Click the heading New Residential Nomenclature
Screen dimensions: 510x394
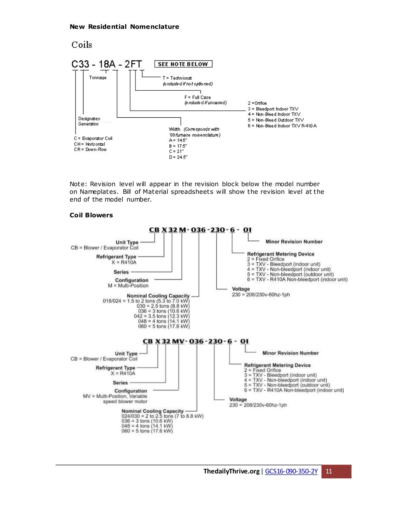[124, 27]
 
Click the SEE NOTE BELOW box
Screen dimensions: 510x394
[183, 64]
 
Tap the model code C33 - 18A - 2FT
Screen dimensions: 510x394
[107, 64]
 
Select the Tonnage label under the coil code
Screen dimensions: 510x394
[98, 78]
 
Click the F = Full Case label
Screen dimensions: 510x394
[197, 97]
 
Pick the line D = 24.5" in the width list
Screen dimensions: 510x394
[178, 157]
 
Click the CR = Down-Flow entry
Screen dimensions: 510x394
[90, 150]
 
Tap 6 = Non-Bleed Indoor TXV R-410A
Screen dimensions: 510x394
[282, 126]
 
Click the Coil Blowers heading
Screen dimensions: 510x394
[91, 215]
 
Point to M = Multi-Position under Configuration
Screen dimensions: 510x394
[128, 286]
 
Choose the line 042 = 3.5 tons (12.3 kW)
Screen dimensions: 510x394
[162, 316]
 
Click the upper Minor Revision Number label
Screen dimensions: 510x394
[294, 242]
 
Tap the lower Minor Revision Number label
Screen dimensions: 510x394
[290, 353]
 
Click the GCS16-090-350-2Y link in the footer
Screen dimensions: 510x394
[291, 472]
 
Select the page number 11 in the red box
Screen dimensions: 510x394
[329, 472]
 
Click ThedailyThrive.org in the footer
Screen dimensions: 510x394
[231, 472]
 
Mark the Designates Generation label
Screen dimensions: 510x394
[89, 121]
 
